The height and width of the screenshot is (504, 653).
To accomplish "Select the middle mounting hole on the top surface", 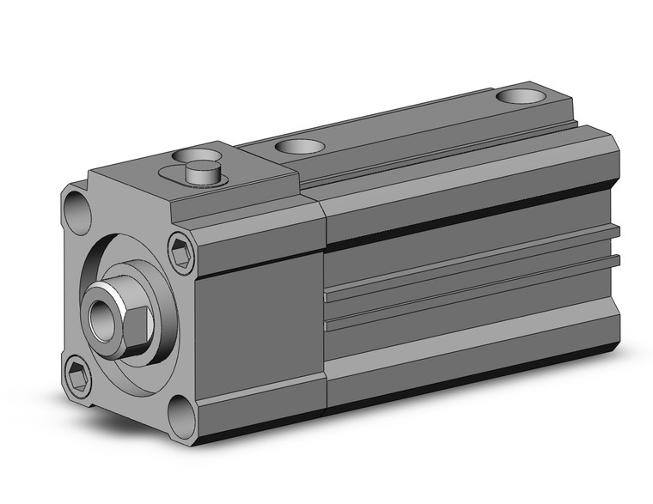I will tap(297, 147).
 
